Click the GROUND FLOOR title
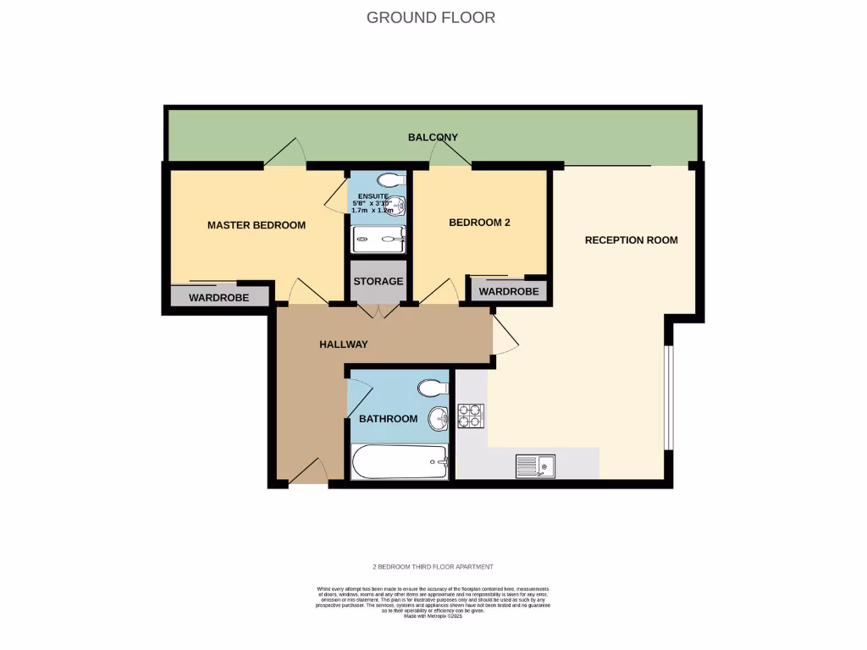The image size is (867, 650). coord(430,17)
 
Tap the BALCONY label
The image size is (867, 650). coord(433,137)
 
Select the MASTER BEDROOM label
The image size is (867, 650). coord(256,225)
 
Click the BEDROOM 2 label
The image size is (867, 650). coord(478,223)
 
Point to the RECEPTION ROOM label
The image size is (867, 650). coord(631,240)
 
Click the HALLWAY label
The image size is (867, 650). coord(343,344)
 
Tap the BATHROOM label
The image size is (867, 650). coord(388,419)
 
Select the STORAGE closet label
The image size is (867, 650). coord(378,282)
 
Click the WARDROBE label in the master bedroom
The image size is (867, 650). coord(218,298)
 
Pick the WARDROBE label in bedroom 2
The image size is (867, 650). coord(508,291)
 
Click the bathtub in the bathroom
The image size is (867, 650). coord(399,462)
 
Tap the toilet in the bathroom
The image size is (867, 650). coord(433,388)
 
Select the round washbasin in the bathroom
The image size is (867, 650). coord(439,417)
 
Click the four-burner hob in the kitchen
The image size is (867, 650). coord(471,416)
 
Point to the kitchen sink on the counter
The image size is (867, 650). coord(535,464)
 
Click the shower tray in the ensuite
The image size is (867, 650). coord(378,240)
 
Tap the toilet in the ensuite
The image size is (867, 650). coord(391,180)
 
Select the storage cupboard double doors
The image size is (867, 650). coord(378,311)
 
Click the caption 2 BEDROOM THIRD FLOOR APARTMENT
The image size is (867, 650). coord(433,567)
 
